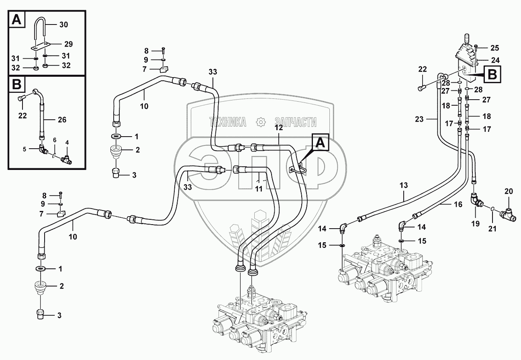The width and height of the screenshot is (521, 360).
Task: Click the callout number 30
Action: (63, 25)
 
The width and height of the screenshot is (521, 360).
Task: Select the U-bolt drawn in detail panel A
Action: (41, 30)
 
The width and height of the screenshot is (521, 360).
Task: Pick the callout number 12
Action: (279, 127)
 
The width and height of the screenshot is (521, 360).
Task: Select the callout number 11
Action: (259, 188)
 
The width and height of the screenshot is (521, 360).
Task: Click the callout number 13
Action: (404, 185)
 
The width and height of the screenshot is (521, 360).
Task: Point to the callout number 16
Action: (458, 205)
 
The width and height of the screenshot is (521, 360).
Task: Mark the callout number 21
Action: (492, 229)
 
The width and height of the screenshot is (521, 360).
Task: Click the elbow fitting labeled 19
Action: (476, 199)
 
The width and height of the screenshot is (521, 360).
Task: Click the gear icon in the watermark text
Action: (260, 122)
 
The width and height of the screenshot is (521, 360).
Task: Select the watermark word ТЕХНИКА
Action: (227, 122)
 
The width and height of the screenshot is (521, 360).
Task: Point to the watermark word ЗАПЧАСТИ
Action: (295, 122)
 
